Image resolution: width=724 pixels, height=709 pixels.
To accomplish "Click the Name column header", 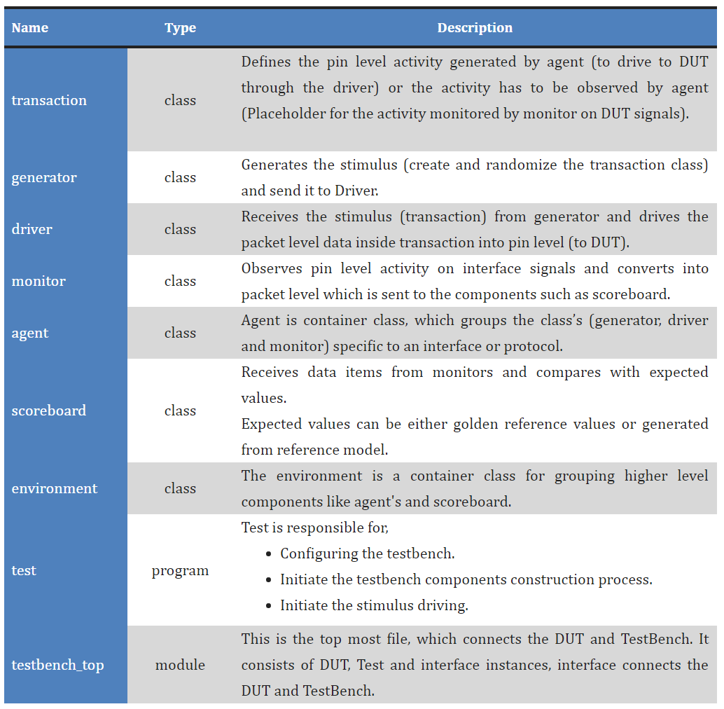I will tap(30, 28).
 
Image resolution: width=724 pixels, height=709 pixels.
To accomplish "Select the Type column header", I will tap(180, 28).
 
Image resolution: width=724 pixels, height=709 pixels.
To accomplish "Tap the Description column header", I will tap(475, 28).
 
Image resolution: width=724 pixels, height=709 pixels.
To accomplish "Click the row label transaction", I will tap(49, 100).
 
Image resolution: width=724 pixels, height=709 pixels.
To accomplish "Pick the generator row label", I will tap(44, 177).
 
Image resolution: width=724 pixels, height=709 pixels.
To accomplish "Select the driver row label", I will tap(32, 229).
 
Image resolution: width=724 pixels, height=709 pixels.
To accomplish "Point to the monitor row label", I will tap(39, 281).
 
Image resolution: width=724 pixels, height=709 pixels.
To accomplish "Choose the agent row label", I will tap(30, 333).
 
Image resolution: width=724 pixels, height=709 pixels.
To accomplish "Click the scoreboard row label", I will tap(49, 411).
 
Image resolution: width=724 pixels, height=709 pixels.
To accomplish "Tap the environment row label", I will tap(55, 488).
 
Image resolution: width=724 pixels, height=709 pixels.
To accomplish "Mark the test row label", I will tap(24, 570).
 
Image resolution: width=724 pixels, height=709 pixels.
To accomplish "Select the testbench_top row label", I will tap(57, 664).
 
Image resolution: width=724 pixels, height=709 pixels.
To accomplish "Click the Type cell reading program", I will tap(180, 570).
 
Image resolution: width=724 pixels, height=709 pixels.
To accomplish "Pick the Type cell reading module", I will tap(180, 664).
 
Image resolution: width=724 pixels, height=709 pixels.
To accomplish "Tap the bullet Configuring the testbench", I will tap(367, 553).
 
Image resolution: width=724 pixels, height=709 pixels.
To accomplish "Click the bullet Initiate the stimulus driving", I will tap(374, 605).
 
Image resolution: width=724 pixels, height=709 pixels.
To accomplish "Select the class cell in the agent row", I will tap(180, 333).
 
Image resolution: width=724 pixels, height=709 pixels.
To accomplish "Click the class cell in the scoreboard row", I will tap(180, 411).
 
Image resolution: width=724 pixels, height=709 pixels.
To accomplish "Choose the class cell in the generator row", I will tap(180, 177).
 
